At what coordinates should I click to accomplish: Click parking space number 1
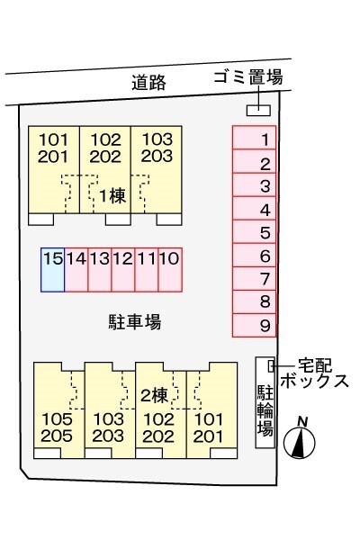click(255, 139)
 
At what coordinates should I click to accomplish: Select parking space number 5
click(255, 233)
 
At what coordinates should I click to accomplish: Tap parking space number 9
click(255, 325)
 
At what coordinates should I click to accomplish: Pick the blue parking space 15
click(53, 269)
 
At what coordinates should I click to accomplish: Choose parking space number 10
click(170, 269)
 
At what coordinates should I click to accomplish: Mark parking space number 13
click(100, 269)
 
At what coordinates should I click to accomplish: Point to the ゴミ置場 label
click(248, 78)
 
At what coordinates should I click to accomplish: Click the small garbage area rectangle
click(258, 110)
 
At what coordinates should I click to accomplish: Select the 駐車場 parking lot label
click(128, 321)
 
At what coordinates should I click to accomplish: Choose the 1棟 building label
click(112, 194)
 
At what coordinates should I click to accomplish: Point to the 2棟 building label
click(155, 395)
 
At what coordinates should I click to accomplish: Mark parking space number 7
click(255, 279)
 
